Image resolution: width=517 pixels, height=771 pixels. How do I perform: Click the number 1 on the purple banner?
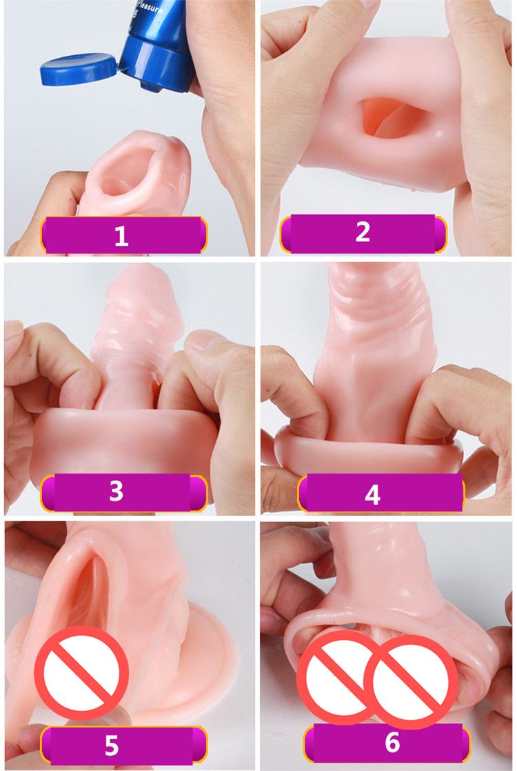(x=121, y=237)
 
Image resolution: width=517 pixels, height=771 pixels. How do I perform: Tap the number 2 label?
(x=363, y=232)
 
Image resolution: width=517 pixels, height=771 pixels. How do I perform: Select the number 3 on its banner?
(x=116, y=492)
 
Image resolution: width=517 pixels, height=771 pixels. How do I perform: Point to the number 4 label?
(x=373, y=494)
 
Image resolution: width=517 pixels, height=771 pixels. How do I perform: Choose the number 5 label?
(x=112, y=745)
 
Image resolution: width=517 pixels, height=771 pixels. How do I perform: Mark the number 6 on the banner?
(x=392, y=742)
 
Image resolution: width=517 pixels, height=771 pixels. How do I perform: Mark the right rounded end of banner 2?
(x=440, y=233)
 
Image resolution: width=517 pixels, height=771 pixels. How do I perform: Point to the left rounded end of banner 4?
(x=303, y=494)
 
